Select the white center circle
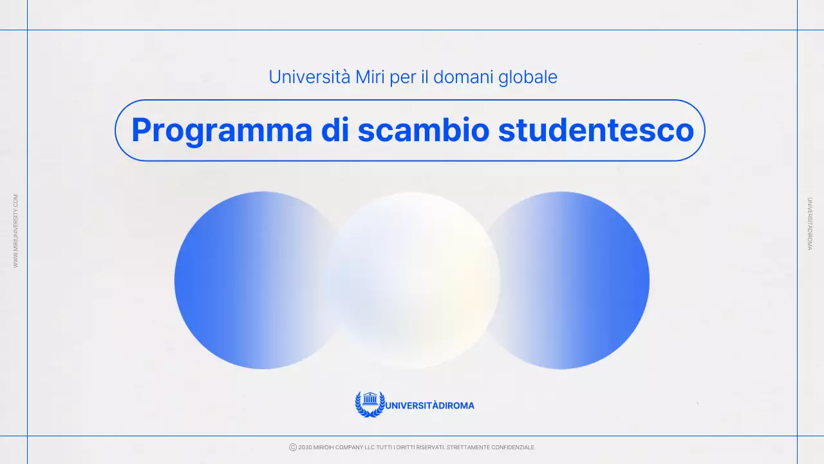click(413, 280)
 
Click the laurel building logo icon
click(370, 404)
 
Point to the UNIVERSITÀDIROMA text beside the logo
click(430, 405)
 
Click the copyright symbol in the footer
click(293, 447)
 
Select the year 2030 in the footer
click(305, 447)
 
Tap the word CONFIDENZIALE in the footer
click(512, 447)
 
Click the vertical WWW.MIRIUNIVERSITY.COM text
click(16, 231)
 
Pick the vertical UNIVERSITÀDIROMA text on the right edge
click(809, 224)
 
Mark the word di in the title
click(335, 131)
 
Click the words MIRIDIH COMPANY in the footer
click(340, 447)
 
